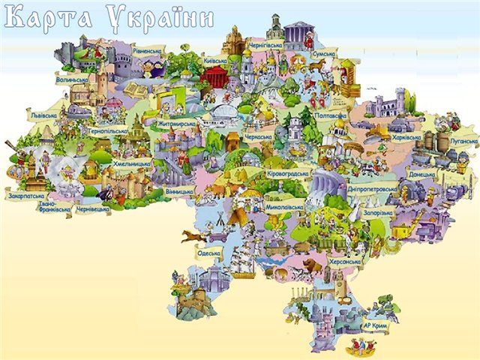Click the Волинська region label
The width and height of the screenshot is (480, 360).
72,78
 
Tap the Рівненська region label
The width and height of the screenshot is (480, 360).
147,50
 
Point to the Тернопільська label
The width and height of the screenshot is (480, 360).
107,130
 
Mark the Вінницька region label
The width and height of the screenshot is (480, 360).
179,191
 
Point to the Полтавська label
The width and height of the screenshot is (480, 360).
331,116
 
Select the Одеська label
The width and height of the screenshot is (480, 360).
208,253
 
